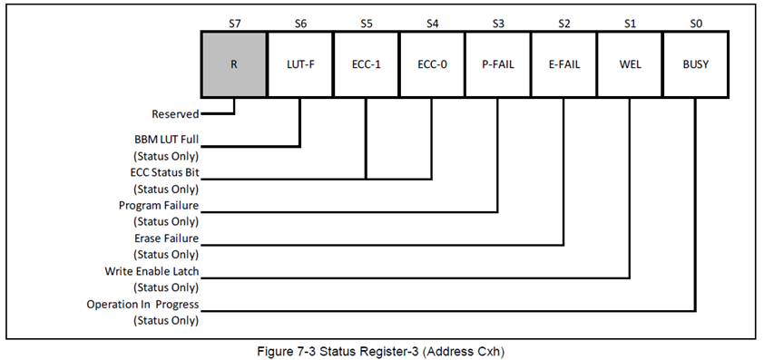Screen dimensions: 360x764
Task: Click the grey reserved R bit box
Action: click(x=234, y=65)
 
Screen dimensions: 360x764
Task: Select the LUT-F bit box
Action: click(x=299, y=65)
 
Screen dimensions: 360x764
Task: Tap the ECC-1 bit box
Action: click(x=366, y=65)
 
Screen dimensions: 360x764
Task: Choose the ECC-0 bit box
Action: click(x=432, y=65)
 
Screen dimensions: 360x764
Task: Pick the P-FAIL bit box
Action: click(x=497, y=65)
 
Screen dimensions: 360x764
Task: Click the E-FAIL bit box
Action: click(x=563, y=65)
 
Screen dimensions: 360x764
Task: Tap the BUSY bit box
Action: click(x=695, y=65)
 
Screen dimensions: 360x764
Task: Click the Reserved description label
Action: click(x=175, y=114)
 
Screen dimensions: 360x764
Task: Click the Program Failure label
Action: click(x=159, y=206)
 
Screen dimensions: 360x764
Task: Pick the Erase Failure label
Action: click(x=166, y=238)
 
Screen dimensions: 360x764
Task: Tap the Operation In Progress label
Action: click(x=142, y=304)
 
